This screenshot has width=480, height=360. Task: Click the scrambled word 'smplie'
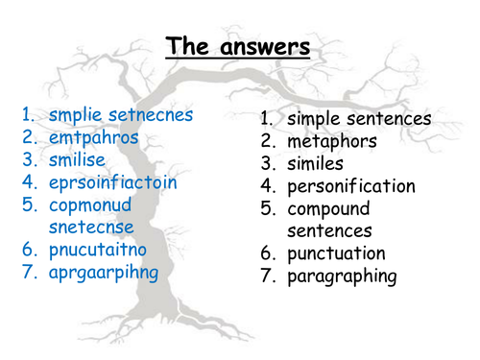point(75,115)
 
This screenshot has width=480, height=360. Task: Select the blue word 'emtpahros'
point(94,137)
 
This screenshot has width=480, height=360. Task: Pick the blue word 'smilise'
point(81,159)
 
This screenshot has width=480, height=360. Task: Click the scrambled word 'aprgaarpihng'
point(107,271)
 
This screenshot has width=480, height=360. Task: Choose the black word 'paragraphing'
point(342,276)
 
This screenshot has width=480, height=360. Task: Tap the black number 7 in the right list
point(267,276)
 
